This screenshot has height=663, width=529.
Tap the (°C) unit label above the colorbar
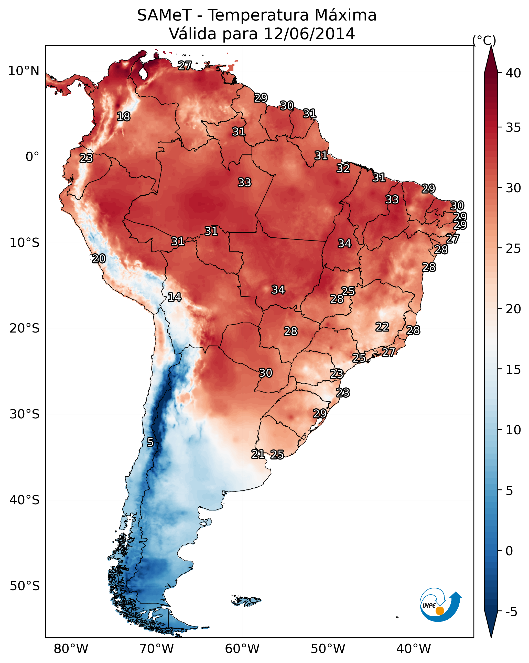click(x=484, y=40)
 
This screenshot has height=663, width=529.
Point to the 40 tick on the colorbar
click(x=513, y=73)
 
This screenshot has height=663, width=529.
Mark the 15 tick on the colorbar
click(x=513, y=370)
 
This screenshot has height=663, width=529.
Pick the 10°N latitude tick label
click(x=24, y=71)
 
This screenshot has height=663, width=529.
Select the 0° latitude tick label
click(x=32, y=157)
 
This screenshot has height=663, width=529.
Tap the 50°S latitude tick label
click(x=25, y=586)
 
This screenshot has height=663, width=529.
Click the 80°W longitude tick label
click(x=71, y=649)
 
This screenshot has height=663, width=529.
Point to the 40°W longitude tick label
click(x=414, y=649)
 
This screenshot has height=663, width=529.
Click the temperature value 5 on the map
click(x=150, y=442)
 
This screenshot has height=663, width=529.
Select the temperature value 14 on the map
click(x=174, y=297)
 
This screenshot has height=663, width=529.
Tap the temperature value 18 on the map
click(x=124, y=117)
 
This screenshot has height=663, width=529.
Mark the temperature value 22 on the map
click(x=382, y=327)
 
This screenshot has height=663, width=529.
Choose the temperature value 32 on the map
click(x=343, y=168)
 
